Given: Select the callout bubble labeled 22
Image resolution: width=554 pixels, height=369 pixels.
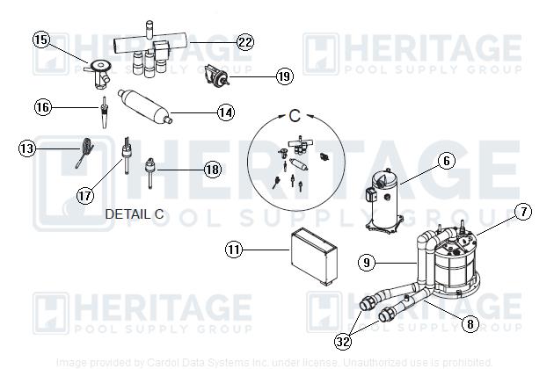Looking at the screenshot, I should point(245,42).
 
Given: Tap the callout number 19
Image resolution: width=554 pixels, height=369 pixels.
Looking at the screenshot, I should point(283,76).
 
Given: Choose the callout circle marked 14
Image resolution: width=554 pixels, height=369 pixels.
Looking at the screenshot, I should point(226,112).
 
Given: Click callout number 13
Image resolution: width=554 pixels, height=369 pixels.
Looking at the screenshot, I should point(28,149).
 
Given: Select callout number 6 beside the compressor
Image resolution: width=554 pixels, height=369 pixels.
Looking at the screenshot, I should point(447,161).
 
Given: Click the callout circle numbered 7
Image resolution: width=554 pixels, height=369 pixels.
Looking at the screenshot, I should point(523,211).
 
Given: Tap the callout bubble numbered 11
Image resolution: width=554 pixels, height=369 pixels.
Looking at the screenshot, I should point(233,250).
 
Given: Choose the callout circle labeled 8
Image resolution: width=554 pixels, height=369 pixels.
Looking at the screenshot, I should point(470,323).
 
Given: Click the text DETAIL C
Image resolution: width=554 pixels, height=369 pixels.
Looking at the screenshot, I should point(135,213).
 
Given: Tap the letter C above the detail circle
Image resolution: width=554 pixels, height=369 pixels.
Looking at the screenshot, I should point(295,114).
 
